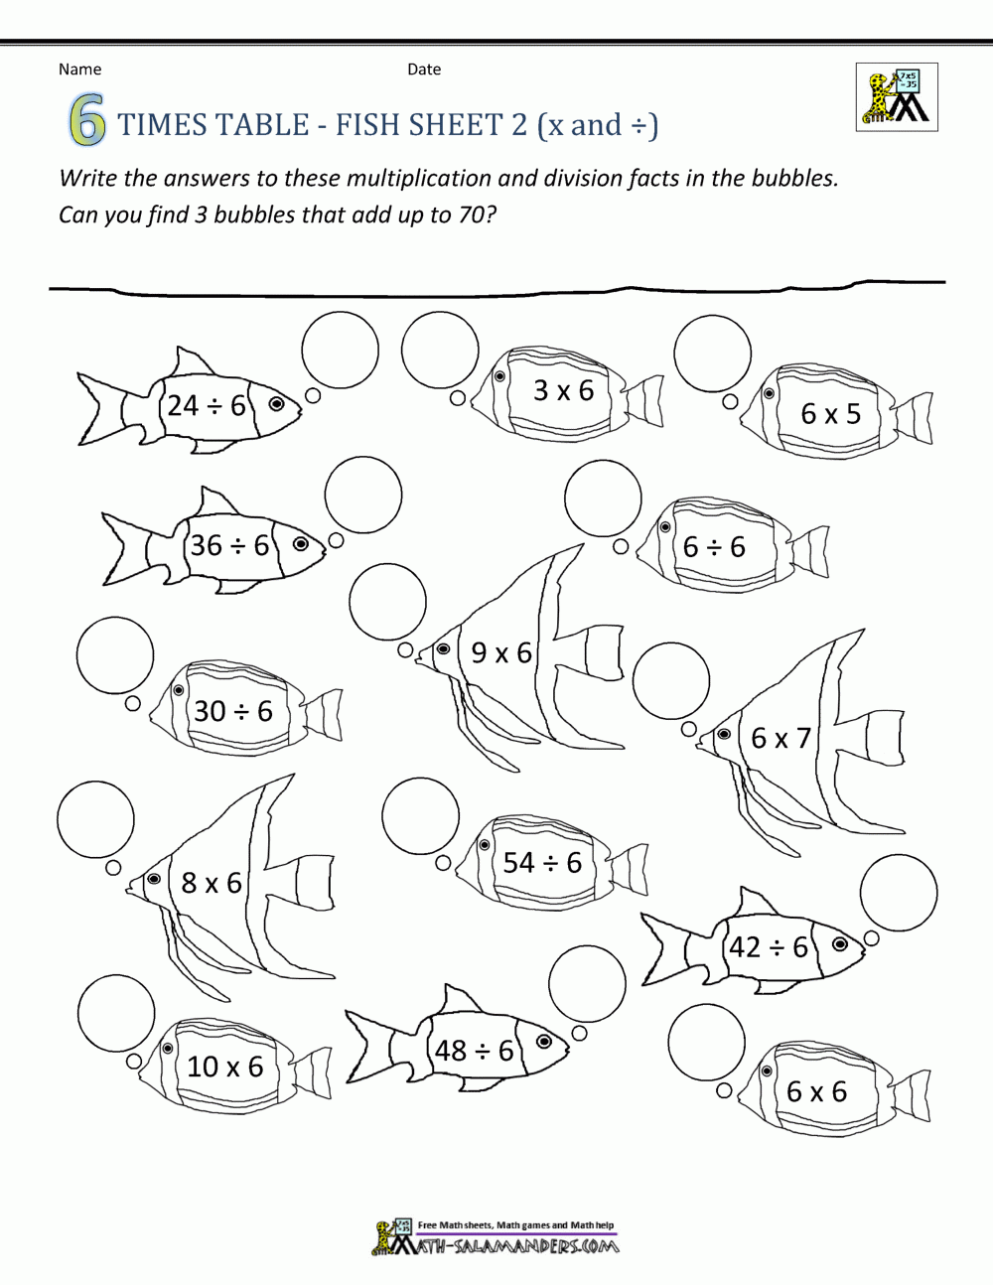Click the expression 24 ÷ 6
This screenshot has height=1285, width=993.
206,405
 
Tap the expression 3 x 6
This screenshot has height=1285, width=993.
563,390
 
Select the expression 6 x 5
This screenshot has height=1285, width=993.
830,413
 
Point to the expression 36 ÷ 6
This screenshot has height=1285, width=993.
230,545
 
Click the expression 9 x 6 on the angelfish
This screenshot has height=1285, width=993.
501,652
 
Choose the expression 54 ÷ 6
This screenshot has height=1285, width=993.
542,862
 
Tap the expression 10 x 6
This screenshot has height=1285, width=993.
225,1067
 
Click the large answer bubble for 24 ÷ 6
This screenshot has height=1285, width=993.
341,349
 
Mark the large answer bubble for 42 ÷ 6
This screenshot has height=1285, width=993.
899,893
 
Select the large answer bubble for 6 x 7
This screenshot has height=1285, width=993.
671,681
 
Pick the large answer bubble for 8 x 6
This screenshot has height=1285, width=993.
95,819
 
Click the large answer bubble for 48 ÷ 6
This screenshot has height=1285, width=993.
587,985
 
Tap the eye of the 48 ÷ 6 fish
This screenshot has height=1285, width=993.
544,1041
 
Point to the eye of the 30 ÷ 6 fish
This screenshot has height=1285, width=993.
179,690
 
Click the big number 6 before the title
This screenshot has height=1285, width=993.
87,123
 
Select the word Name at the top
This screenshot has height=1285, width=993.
79,70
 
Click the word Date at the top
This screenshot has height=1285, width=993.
424,70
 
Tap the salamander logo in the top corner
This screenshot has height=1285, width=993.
896,97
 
